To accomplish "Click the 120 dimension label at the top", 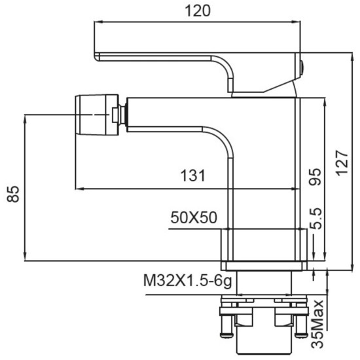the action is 198,11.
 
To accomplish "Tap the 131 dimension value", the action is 192,175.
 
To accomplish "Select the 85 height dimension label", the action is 13,194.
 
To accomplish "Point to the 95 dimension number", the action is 315,177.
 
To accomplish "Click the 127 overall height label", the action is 342,163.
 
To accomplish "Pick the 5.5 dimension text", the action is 315,219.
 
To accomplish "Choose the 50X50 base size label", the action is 194,217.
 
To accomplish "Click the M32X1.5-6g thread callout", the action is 188,280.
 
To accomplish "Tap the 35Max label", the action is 317,324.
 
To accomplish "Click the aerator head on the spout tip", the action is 97,115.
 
